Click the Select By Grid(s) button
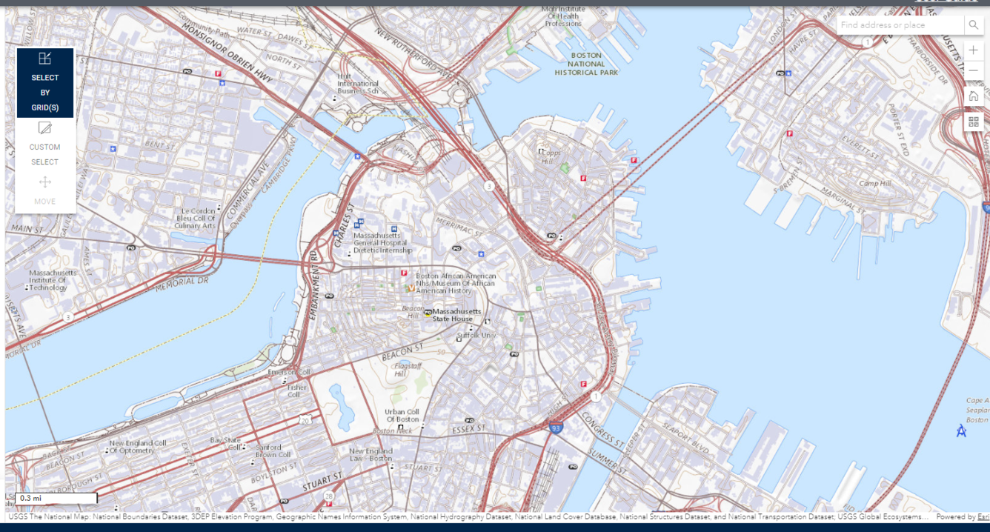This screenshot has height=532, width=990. (x=45, y=82)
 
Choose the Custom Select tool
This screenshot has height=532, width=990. (x=45, y=144)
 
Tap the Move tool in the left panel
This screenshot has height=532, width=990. (x=45, y=190)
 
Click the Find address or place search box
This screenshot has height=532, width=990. (x=900, y=25)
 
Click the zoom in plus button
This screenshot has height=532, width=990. (x=974, y=50)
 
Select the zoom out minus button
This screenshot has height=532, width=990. (x=974, y=71)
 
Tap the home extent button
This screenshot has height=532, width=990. (x=974, y=96)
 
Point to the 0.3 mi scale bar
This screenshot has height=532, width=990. (x=56, y=499)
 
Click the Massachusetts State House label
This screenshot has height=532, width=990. (x=457, y=315)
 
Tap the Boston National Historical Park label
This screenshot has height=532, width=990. (x=586, y=64)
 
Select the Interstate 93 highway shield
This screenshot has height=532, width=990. (x=556, y=428)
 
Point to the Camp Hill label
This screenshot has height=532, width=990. (x=874, y=183)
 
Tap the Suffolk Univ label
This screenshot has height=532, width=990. (x=476, y=336)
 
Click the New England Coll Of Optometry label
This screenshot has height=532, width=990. (x=138, y=447)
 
